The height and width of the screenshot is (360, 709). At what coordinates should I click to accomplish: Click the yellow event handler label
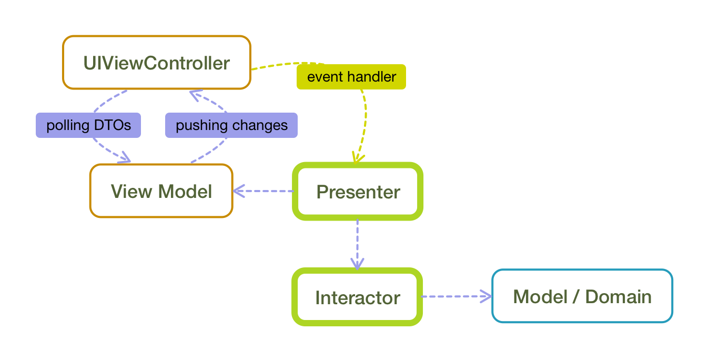pyautogui.click(x=351, y=77)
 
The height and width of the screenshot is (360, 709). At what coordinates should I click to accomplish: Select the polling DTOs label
pyautogui.click(x=88, y=125)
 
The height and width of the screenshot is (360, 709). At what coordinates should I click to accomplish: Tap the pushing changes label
pyautogui.click(x=231, y=125)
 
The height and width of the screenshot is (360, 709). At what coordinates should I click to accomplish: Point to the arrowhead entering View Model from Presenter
pyautogui.click(x=238, y=191)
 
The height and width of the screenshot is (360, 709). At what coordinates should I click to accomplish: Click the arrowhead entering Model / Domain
pyautogui.click(x=487, y=296)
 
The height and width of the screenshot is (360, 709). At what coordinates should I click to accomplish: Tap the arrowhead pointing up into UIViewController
pyautogui.click(x=195, y=95)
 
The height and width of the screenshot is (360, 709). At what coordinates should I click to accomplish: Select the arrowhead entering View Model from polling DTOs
pyautogui.click(x=125, y=158)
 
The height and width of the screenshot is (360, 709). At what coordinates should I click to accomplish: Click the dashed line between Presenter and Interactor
pyautogui.click(x=357, y=244)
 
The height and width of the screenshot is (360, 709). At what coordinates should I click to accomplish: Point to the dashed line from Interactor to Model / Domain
pyautogui.click(x=457, y=296)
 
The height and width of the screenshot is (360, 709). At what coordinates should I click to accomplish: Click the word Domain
pyautogui.click(x=618, y=297)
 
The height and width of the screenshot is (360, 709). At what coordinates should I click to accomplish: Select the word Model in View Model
pyautogui.click(x=185, y=192)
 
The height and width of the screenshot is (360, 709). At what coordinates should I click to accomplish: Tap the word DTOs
pyautogui.click(x=113, y=125)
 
